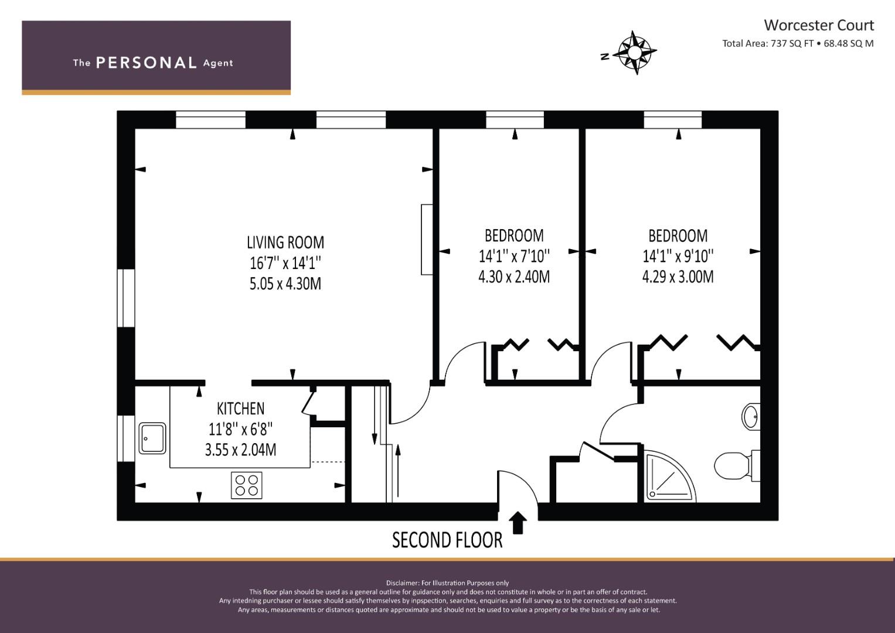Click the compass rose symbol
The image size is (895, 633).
(x=635, y=52)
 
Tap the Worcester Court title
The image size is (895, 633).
(x=819, y=25)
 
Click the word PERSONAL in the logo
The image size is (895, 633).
(x=147, y=63)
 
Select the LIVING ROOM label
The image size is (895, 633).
(x=285, y=243)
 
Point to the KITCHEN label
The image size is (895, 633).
(x=240, y=409)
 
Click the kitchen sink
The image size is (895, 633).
(x=152, y=438)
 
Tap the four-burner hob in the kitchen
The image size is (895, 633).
(x=247, y=485)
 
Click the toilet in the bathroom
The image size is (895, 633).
(x=737, y=465)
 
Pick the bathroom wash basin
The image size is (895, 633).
(x=751, y=417)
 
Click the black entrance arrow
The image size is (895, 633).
(x=518, y=523)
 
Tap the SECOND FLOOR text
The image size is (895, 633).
(x=447, y=540)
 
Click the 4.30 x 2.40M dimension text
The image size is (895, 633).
(x=514, y=277)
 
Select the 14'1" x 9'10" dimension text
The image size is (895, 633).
(x=678, y=256)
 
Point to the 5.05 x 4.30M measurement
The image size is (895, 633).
(x=285, y=284)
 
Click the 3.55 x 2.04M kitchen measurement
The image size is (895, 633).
(x=240, y=450)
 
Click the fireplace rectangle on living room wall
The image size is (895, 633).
(x=427, y=240)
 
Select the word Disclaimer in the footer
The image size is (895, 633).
(x=403, y=583)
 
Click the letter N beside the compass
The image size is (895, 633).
(x=605, y=57)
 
